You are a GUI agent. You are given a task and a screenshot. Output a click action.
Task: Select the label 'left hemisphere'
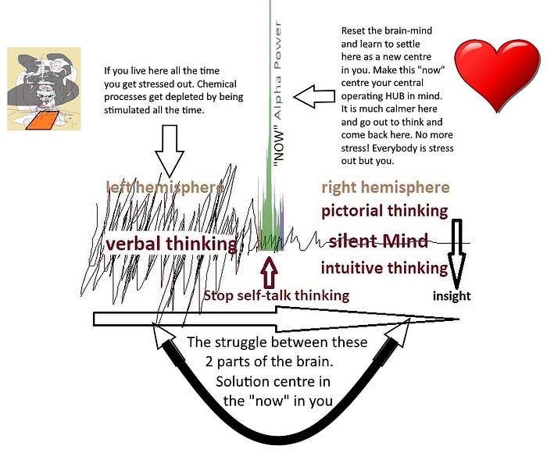pyautogui.click(x=166, y=187)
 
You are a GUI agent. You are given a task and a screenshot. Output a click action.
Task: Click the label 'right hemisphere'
pyautogui.click(x=385, y=187)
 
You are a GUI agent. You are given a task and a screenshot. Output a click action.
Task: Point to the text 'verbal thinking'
pyautogui.click(x=171, y=244)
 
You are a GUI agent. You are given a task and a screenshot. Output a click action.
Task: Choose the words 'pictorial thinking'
pyautogui.click(x=384, y=211)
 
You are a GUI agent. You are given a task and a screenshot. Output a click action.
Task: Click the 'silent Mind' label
pyautogui.click(x=383, y=241)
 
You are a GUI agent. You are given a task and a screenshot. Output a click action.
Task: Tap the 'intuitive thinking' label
pyautogui.click(x=384, y=269)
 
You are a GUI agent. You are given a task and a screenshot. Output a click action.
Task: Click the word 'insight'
pyautogui.click(x=452, y=296)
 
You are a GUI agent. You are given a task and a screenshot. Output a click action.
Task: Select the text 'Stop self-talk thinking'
pyautogui.click(x=276, y=296)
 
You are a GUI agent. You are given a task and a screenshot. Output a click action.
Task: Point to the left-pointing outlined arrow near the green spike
pyautogui.click(x=320, y=98)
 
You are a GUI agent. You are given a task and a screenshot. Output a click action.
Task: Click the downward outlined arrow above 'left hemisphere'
pyautogui.click(x=173, y=148)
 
